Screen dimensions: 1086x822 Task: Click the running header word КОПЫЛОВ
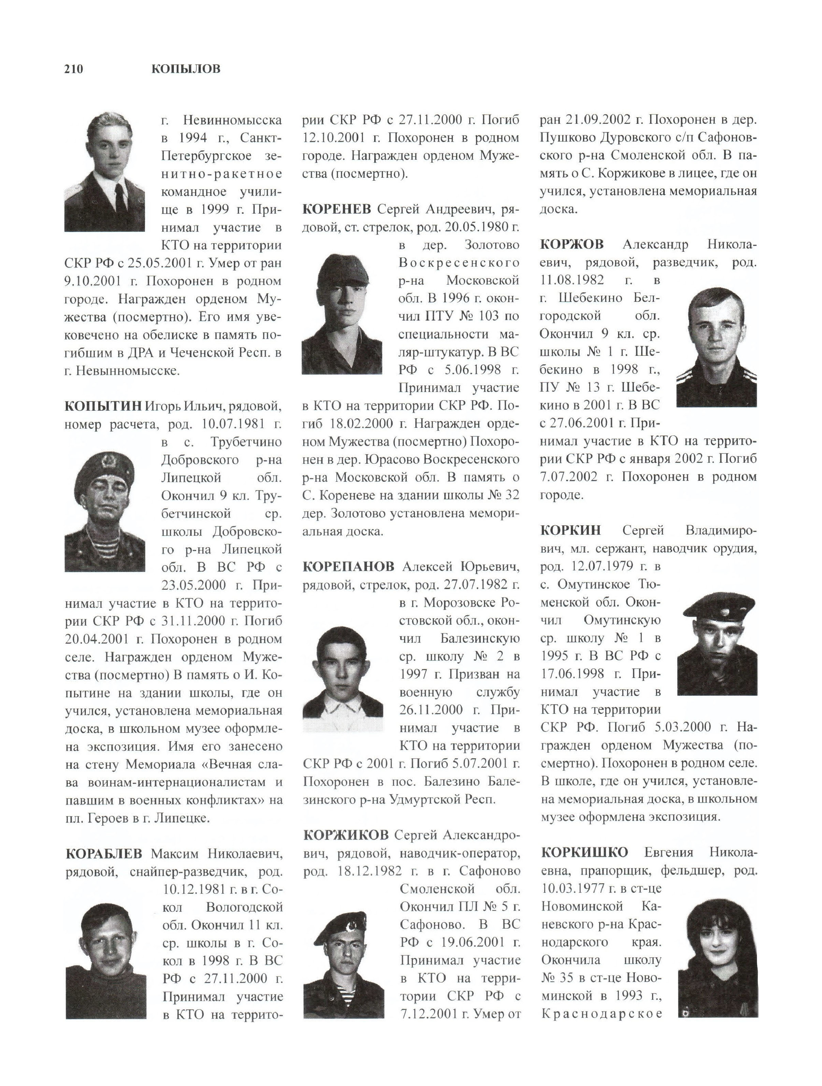pos(186,69)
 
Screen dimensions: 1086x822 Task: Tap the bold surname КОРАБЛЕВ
pos(104,854)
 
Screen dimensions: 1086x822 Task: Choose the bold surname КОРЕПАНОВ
pos(348,567)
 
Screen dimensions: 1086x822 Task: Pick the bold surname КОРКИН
pos(570,531)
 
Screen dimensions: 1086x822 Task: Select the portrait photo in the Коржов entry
pos(716,347)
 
